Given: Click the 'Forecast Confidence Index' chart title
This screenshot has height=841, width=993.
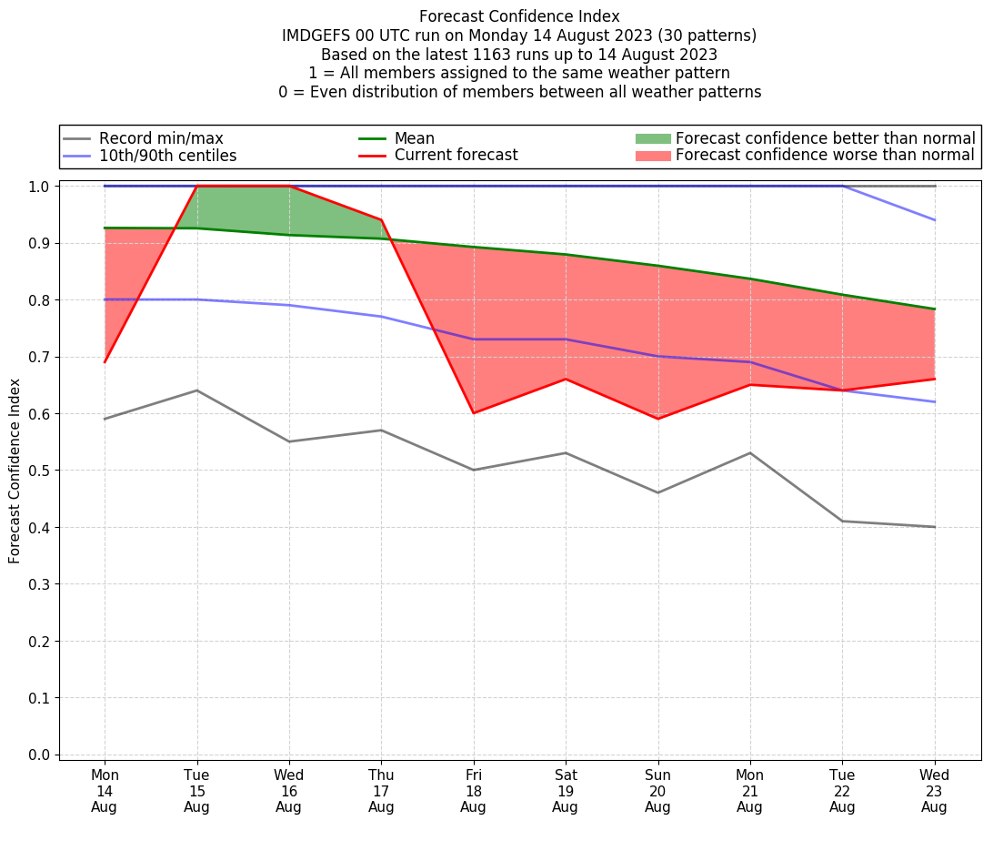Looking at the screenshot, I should [519, 16].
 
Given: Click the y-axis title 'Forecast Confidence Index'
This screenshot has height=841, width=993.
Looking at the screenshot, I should [15, 471].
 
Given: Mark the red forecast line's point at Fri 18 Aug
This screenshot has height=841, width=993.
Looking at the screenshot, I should [473, 413].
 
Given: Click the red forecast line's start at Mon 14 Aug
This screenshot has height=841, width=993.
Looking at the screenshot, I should [105, 362].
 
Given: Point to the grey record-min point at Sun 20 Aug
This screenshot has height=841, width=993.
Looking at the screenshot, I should [657, 492].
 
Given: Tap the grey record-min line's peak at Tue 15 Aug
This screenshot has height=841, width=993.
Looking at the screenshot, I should [196, 390].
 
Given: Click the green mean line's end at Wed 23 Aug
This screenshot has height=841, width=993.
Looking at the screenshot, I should [934, 309].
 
